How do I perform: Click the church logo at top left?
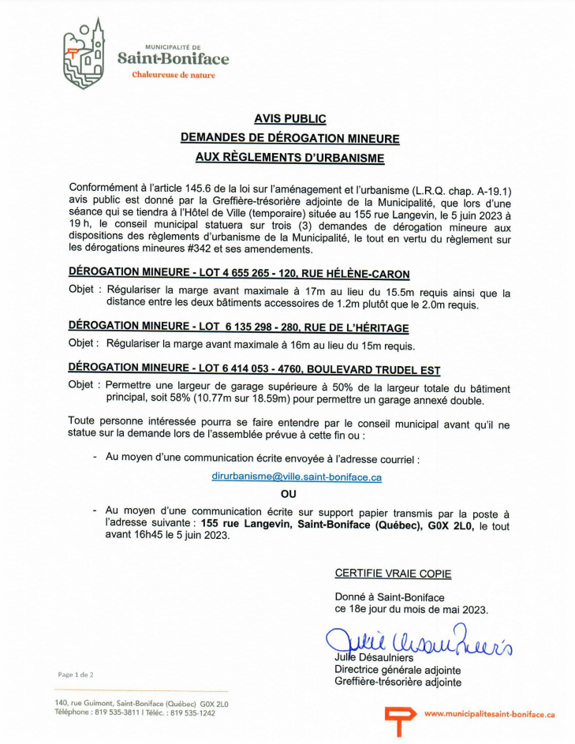(84, 53)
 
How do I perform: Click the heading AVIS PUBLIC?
(289, 118)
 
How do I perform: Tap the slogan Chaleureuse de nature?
(174, 75)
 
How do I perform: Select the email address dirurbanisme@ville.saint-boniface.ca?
(297, 477)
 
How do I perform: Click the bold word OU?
(288, 494)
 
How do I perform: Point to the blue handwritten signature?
(418, 641)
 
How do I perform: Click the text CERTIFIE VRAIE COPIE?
(393, 574)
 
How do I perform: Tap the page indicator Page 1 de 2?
(76, 675)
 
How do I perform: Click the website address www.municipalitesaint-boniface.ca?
(489, 713)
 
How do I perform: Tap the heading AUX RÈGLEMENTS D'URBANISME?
(289, 158)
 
